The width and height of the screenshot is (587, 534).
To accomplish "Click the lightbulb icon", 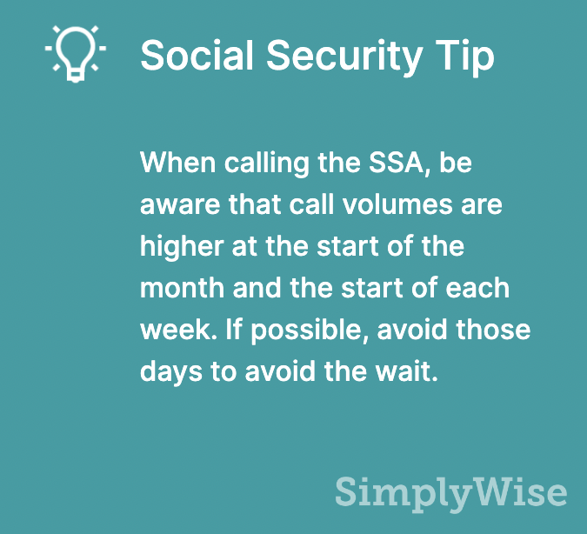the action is [76, 53].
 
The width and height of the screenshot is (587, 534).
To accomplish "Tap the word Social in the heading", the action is [197, 55].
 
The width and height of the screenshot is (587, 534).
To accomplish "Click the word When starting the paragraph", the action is [177, 163].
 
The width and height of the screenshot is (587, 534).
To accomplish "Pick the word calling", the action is [267, 164].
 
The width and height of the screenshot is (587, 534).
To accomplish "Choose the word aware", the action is [180, 206].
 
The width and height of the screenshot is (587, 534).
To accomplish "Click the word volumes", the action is [397, 204].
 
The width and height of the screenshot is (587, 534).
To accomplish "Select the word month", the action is [182, 288].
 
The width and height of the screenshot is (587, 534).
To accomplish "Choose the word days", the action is [171, 373].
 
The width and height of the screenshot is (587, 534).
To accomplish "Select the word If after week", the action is [234, 330].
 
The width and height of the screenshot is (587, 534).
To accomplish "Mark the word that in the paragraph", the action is [255, 204].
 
